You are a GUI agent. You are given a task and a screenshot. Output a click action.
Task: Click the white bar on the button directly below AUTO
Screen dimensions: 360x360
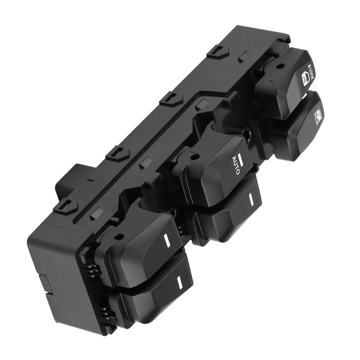pos(250,199)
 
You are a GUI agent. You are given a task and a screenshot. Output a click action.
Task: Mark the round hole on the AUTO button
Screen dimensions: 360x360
pos(196,157)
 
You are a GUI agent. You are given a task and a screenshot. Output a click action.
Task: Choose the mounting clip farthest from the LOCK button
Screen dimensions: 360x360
pos(66,205)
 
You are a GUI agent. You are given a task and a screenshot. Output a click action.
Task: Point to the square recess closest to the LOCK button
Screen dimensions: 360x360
pos(246,57)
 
